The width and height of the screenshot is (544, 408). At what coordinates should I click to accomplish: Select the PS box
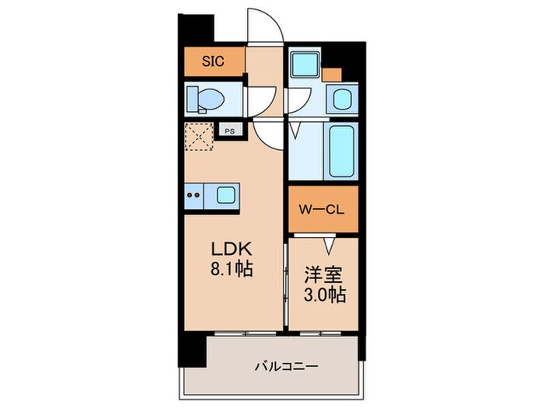229,131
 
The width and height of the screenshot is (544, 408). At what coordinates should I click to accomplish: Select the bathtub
342,152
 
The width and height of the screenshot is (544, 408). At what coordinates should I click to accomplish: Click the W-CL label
323,209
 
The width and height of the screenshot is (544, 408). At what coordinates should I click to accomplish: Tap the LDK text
229,250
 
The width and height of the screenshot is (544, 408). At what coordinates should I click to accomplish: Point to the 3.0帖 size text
323,296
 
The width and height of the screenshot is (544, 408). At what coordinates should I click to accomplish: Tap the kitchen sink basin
226,194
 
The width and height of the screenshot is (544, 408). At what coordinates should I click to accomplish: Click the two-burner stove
195,194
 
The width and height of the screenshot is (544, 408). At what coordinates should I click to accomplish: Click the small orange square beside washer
332,75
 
